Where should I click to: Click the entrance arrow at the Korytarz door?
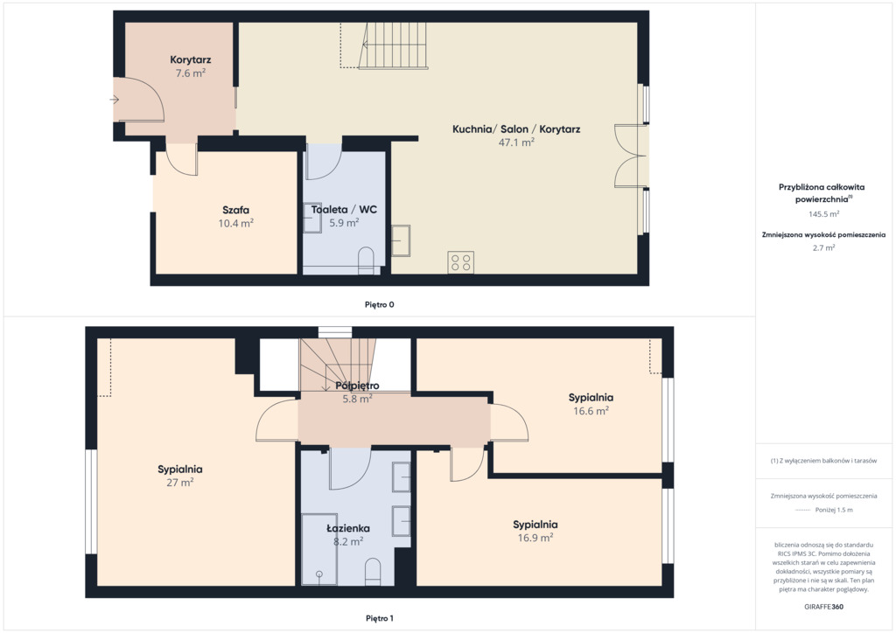tap(115, 100)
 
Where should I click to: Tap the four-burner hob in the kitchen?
tap(460, 262)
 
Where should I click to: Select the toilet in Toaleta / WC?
tap(366, 261)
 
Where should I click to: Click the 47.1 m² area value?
tap(516, 143)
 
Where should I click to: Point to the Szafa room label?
tap(235, 210)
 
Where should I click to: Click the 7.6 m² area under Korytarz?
tap(190, 73)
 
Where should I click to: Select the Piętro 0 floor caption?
tap(380, 304)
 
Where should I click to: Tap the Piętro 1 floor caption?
tap(380, 618)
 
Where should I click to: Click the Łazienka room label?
tap(348, 529)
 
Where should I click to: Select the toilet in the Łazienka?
tap(373, 571)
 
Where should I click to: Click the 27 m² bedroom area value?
tap(180, 483)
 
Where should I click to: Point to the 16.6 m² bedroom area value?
tap(591, 411)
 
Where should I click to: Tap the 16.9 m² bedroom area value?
tap(535, 538)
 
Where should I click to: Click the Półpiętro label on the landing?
tap(357, 386)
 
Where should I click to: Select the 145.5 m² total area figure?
tap(823, 214)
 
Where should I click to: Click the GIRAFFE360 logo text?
tap(823, 607)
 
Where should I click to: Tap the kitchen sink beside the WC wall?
tap(401, 240)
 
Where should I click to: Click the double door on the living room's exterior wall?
tap(630, 156)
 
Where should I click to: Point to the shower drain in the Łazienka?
tap(318, 574)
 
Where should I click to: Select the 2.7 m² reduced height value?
tap(823, 247)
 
